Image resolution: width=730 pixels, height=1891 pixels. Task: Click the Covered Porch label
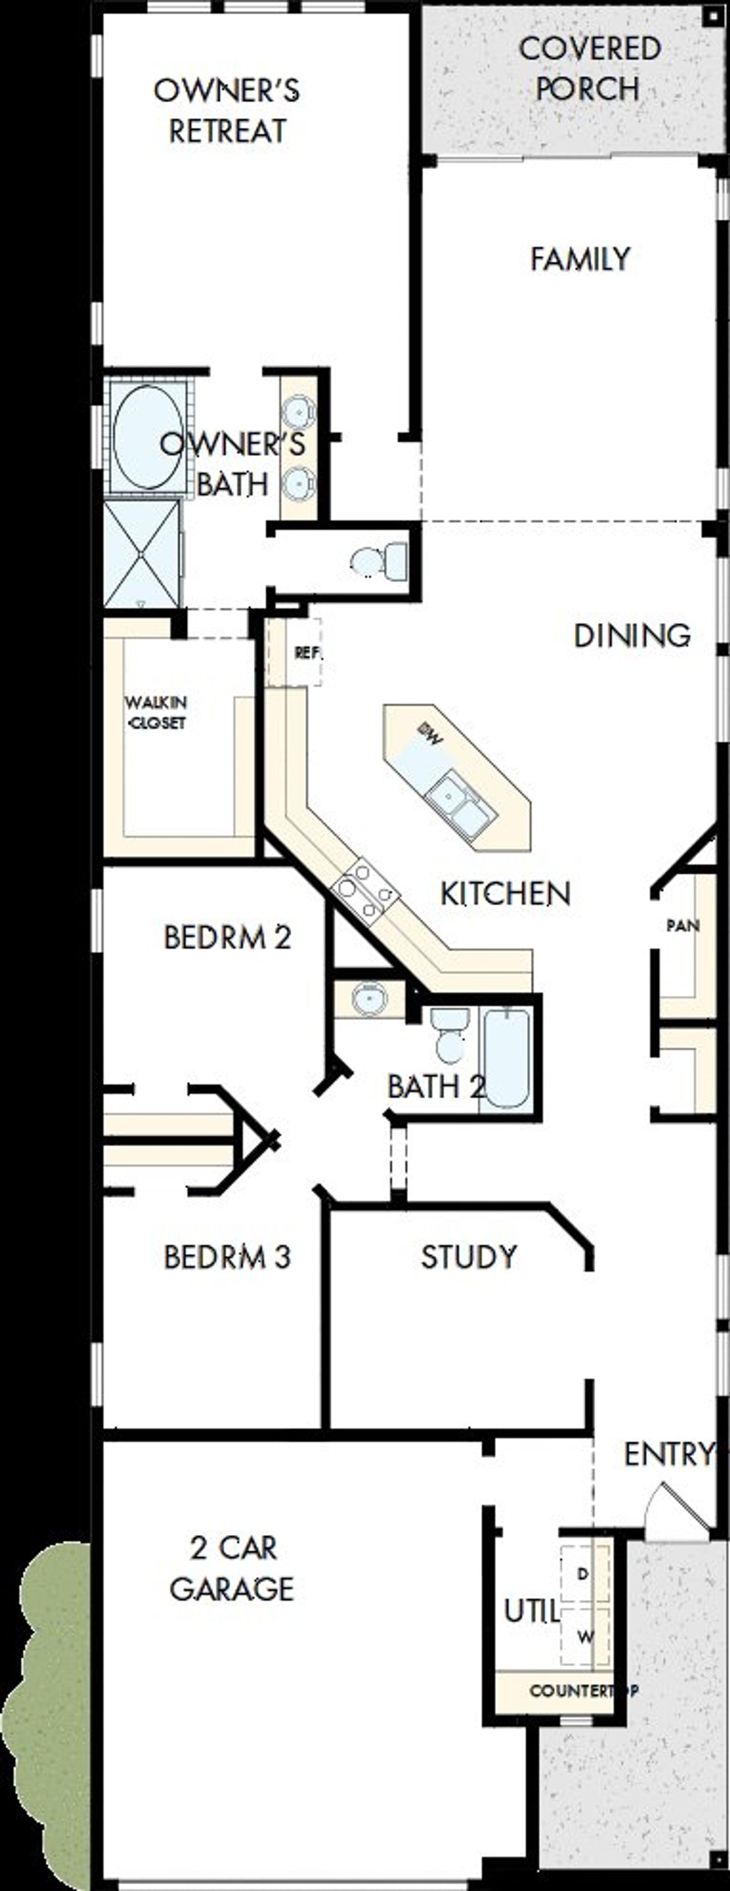pyautogui.click(x=589, y=69)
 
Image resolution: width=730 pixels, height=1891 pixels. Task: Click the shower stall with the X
pyautogui.click(x=141, y=553)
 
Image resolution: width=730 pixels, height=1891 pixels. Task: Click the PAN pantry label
pyautogui.click(x=682, y=926)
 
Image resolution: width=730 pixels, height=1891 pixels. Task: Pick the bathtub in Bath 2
pyautogui.click(x=505, y=1058)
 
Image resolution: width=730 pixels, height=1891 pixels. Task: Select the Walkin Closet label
pyautogui.click(x=156, y=712)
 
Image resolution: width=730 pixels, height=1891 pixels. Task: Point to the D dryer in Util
pyautogui.click(x=583, y=1573)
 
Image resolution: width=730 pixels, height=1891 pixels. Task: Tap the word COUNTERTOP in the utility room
pyautogui.click(x=583, y=1691)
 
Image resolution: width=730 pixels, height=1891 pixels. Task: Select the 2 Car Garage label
pyautogui.click(x=232, y=1569)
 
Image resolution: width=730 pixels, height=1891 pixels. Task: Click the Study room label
pyautogui.click(x=469, y=1256)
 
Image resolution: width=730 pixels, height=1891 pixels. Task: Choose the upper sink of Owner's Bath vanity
pyautogui.click(x=298, y=411)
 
